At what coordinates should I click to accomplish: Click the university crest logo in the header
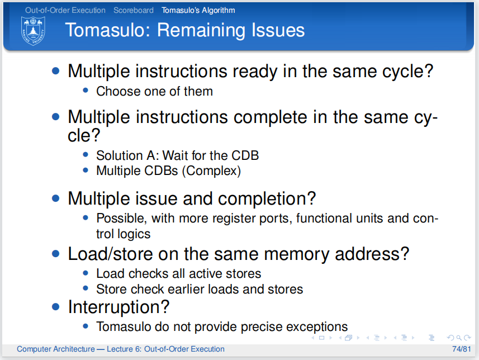pyautogui.click(x=33, y=31)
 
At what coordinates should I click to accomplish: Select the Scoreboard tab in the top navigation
pyautogui.click(x=134, y=10)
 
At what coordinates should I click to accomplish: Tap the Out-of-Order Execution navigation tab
pyautogui.click(x=65, y=10)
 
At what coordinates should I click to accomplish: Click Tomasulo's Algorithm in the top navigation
pyautogui.click(x=198, y=11)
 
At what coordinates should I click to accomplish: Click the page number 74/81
pyautogui.click(x=461, y=349)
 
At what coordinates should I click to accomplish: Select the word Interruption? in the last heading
pyautogui.click(x=118, y=307)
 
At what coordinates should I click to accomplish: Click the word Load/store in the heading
pyautogui.click(x=110, y=254)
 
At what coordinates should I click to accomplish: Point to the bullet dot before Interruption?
pyautogui.click(x=55, y=307)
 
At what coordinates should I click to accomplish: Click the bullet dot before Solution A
pyautogui.click(x=86, y=155)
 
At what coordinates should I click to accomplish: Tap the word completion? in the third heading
pyautogui.click(x=267, y=199)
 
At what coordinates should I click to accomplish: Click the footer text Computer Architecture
pyautogui.click(x=55, y=349)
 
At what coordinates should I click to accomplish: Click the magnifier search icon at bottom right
pyautogui.click(x=459, y=338)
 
